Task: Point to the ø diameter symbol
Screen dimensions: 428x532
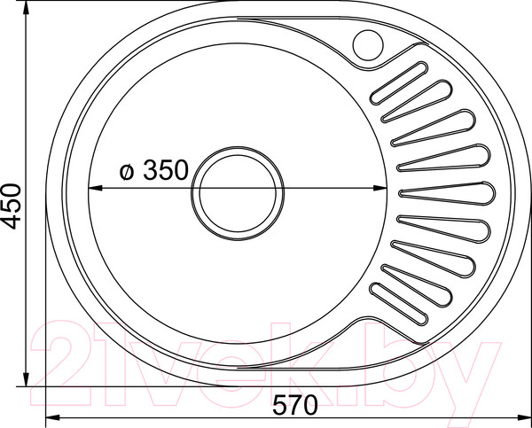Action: click(x=125, y=172)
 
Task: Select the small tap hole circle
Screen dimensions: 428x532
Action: click(x=366, y=42)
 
